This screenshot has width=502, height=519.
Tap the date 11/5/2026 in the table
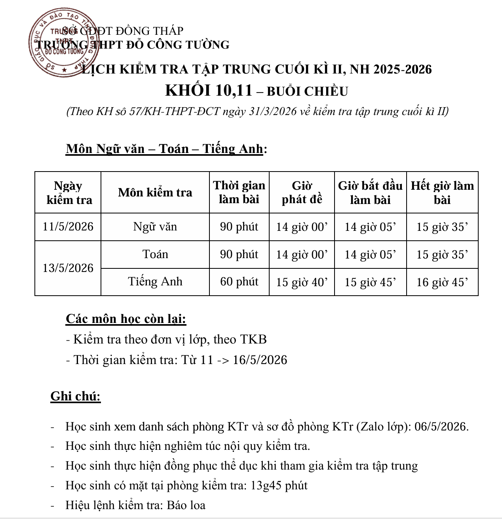[68, 227]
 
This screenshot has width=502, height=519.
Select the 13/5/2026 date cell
[68, 268]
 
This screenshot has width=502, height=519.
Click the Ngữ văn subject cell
[155, 227]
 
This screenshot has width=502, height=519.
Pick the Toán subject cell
[155, 254]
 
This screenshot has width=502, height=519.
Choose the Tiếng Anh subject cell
[155, 281]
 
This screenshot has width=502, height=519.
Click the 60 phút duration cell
[239, 281]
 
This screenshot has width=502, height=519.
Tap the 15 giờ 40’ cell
[302, 282]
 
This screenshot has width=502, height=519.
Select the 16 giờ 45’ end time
[442, 282]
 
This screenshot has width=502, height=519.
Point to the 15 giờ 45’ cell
[370, 282]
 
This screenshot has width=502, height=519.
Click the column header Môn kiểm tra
[155, 193]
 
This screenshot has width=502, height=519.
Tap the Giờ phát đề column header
[302, 193]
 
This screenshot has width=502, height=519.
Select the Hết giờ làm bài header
[442, 193]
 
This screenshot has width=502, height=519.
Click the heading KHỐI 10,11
[209, 91]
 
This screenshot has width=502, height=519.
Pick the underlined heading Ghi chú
[76, 396]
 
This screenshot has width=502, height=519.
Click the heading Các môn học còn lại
[126, 319]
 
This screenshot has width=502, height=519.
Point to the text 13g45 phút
[279, 485]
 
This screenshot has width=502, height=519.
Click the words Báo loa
[186, 505]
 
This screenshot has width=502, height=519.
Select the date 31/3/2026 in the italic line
[273, 111]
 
